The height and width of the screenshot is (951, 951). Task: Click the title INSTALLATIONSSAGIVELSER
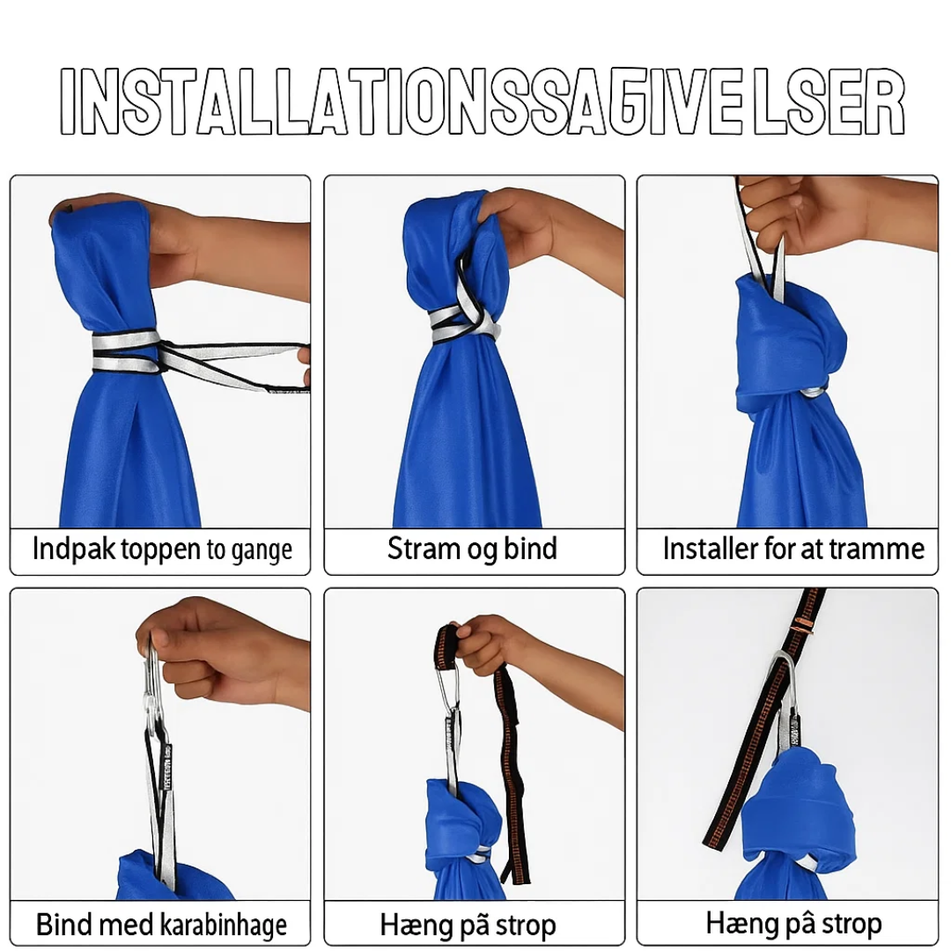(x=483, y=101)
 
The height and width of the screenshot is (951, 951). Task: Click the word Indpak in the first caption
(x=74, y=549)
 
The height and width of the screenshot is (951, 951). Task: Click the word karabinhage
(x=224, y=925)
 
